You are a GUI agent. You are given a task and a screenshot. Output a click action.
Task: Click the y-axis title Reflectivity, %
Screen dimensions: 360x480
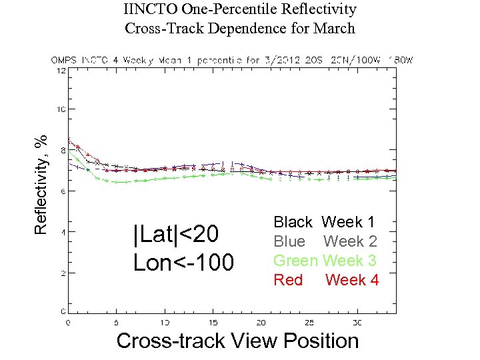tap(41, 184)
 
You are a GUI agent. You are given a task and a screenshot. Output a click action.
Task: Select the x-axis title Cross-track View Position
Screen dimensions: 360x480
tap(237, 341)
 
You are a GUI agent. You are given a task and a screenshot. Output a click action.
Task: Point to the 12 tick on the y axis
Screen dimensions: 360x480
tap(61, 71)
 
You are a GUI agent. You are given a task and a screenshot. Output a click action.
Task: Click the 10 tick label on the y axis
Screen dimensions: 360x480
tap(61, 109)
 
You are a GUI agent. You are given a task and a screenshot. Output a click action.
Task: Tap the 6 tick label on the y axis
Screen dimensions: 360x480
tap(63, 191)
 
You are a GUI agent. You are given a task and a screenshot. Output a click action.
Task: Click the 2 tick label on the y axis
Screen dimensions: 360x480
tap(63, 273)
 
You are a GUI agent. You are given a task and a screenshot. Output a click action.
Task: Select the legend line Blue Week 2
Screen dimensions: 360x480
tap(325, 241)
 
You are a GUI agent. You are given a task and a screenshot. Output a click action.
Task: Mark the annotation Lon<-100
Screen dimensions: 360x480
tap(183, 263)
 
